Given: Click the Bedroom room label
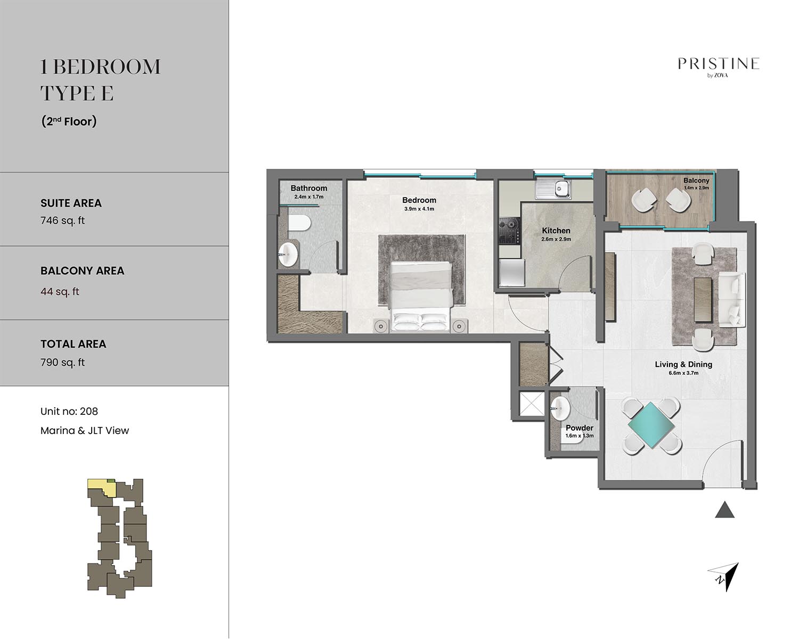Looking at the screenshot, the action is tap(419, 200).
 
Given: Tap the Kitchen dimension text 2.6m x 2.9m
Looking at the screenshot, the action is tap(556, 239).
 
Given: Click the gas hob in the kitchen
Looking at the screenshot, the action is tap(509, 231).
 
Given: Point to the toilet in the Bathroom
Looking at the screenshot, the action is tap(299, 223).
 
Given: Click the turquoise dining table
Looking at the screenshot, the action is tap(651, 425).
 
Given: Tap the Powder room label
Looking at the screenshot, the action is tap(579, 428).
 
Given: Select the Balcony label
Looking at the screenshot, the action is tap(696, 181).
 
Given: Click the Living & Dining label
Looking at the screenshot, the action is tap(683, 364).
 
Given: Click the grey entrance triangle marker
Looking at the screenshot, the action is tap(724, 510).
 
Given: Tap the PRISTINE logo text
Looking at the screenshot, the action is tap(719, 64).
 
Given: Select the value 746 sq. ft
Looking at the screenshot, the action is tap(62, 220).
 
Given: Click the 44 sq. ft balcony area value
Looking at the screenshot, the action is tap(60, 291).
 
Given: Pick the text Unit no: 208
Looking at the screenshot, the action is tap(69, 412).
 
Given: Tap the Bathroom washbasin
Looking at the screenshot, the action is tap(288, 254).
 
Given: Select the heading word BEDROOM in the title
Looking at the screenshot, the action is tap(109, 67).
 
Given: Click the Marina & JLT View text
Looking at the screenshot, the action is tap(85, 431).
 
